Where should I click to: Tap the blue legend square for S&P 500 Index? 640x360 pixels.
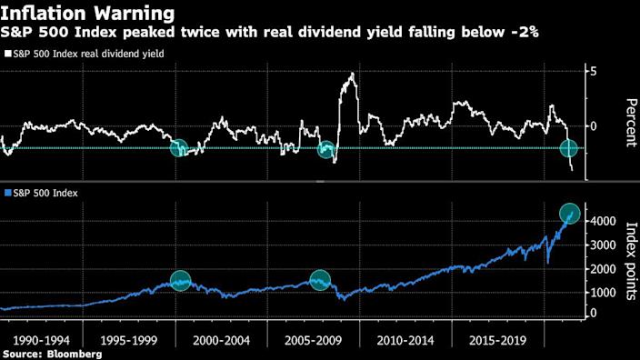[7, 194]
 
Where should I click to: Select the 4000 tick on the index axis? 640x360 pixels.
[600, 220]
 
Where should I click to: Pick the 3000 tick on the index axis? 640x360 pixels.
[600, 245]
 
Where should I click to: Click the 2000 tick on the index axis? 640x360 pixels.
[600, 269]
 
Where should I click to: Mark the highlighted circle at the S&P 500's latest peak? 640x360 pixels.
[570, 214]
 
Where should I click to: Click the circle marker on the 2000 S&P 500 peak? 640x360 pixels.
[180, 281]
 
